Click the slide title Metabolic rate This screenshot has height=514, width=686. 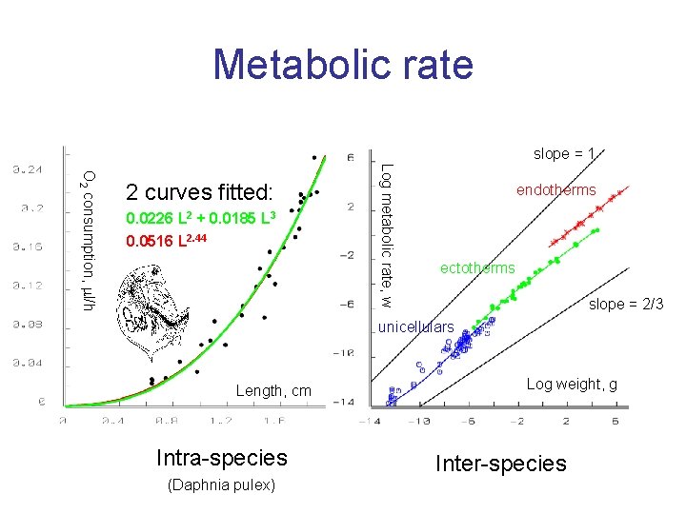click(343, 65)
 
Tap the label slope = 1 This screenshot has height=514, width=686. click(564, 153)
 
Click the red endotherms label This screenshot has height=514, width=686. click(555, 190)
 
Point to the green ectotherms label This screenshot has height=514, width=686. click(476, 268)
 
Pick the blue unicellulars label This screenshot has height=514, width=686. click(416, 327)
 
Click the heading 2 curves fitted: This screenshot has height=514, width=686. click(199, 189)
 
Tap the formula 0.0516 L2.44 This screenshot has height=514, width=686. click(167, 240)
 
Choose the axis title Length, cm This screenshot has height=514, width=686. click(273, 390)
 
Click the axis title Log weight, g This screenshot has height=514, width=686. click(572, 384)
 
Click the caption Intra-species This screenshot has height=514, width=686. click(221, 460)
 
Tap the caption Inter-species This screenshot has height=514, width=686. click(500, 464)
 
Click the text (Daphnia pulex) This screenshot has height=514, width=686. click(221, 485)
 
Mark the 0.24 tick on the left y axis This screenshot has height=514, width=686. click(28, 169)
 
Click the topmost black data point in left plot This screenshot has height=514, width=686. click(313, 156)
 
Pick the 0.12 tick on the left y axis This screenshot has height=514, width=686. click(28, 285)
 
